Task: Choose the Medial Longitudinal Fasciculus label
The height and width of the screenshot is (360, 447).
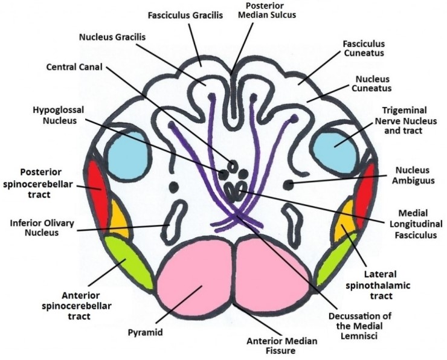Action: point(405,225)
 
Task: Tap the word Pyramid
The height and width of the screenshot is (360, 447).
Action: point(147,332)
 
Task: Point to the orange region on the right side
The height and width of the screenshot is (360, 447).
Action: point(345,223)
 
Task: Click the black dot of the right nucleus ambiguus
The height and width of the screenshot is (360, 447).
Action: point(289,184)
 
